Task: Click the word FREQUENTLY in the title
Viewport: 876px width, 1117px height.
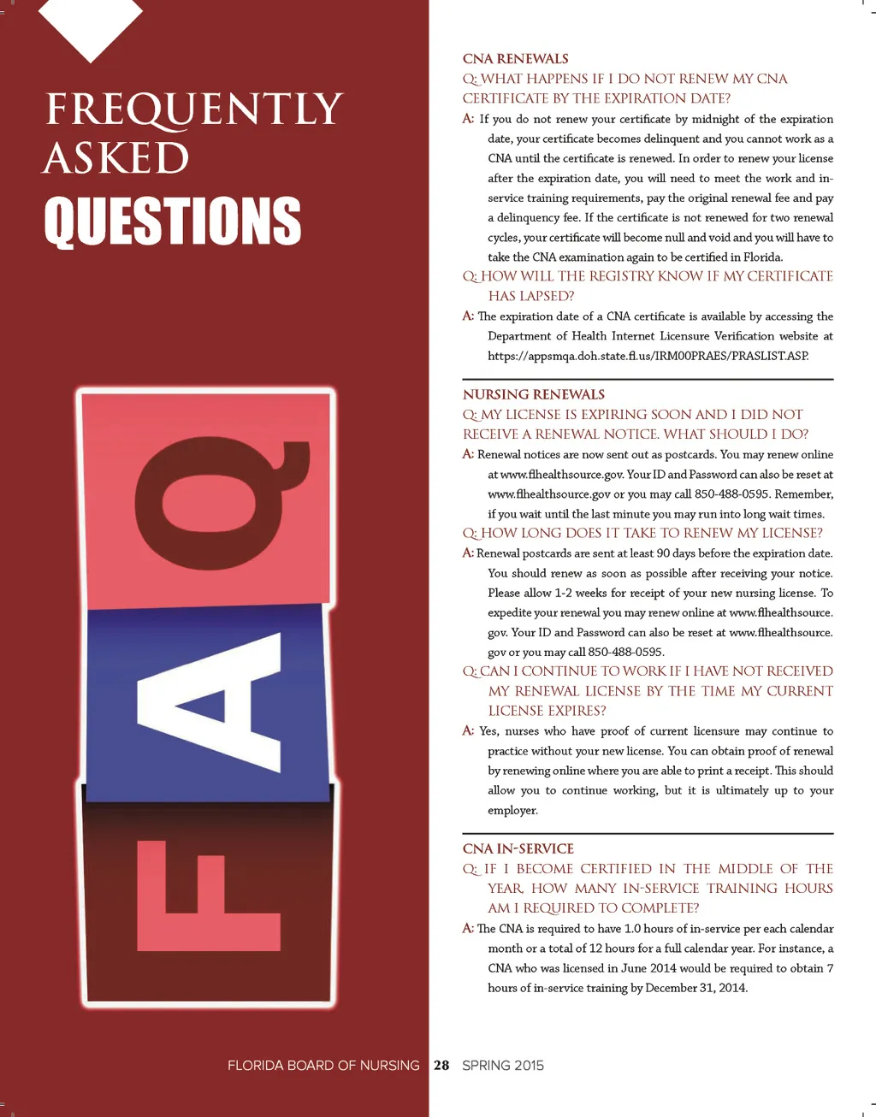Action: (x=193, y=110)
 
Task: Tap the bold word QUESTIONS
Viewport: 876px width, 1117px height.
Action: (x=173, y=221)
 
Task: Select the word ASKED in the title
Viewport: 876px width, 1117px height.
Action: (x=116, y=159)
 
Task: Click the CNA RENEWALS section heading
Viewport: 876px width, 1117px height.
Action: (x=515, y=59)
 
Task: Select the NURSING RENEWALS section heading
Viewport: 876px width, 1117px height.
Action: (x=533, y=394)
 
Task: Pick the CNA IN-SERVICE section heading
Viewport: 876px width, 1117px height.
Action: (x=518, y=848)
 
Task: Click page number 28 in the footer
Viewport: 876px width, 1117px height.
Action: (x=441, y=1065)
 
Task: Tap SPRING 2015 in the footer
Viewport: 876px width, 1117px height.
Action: (x=503, y=1065)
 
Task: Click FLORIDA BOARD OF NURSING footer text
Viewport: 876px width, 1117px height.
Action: (x=323, y=1065)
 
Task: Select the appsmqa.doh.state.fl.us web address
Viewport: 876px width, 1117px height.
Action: (x=648, y=356)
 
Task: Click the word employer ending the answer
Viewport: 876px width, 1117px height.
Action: (x=512, y=810)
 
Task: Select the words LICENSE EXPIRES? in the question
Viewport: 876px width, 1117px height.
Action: (x=547, y=711)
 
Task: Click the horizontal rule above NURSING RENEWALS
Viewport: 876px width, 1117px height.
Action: (x=648, y=379)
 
